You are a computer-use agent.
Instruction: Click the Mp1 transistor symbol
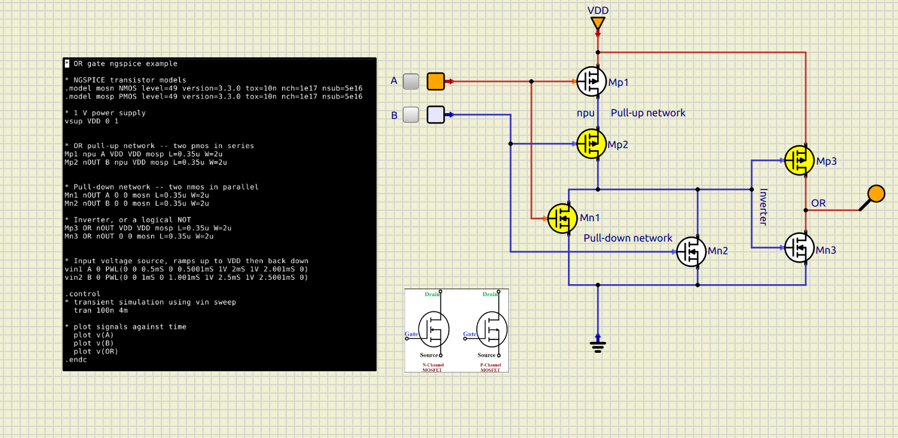click(x=591, y=81)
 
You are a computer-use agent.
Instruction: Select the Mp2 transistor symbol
click(x=591, y=144)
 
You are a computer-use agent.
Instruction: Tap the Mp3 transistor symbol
click(x=799, y=160)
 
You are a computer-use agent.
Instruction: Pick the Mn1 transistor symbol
click(x=563, y=218)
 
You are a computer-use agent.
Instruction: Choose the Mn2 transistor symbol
click(x=691, y=251)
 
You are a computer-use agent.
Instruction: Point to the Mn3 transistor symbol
click(x=799, y=247)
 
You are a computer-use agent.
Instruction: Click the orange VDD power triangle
click(x=598, y=24)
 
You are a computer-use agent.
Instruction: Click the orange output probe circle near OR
click(x=876, y=193)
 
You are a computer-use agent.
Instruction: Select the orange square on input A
click(x=436, y=81)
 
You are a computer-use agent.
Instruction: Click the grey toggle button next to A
click(x=411, y=81)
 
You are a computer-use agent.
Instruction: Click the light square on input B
click(x=436, y=114)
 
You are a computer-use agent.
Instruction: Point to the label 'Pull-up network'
click(x=648, y=113)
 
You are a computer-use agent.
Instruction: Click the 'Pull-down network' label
click(x=628, y=238)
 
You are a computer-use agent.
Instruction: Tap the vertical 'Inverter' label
click(x=763, y=207)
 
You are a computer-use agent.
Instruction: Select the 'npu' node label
click(x=585, y=113)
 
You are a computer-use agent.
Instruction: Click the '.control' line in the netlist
click(x=83, y=294)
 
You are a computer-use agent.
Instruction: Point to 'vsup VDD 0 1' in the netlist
click(x=92, y=121)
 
